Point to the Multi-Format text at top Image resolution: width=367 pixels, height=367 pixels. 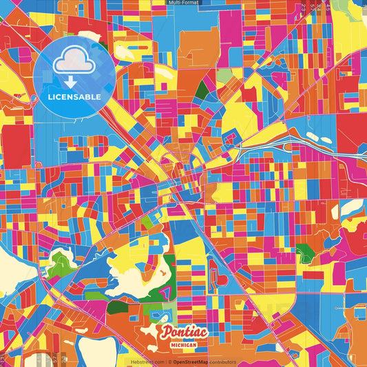coord(183,3)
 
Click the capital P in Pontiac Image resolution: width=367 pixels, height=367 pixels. coord(167,333)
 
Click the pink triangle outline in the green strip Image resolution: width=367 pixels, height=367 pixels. coord(166,293)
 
